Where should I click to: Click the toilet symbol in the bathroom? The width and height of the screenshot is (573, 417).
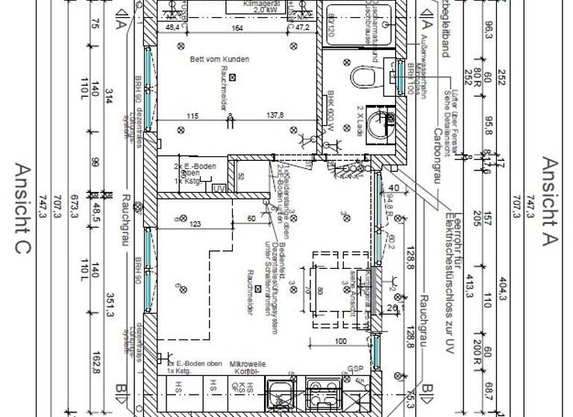click(364, 77)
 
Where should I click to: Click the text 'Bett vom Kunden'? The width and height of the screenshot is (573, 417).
click(219, 59)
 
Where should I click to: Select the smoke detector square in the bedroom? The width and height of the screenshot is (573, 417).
click(233, 77)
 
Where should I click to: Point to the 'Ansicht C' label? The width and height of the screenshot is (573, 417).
click(22, 209)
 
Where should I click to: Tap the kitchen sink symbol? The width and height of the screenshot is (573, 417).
click(282, 392)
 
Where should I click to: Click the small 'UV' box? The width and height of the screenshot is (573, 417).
click(219, 189)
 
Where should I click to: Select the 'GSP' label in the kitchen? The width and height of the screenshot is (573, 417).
click(355, 369)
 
